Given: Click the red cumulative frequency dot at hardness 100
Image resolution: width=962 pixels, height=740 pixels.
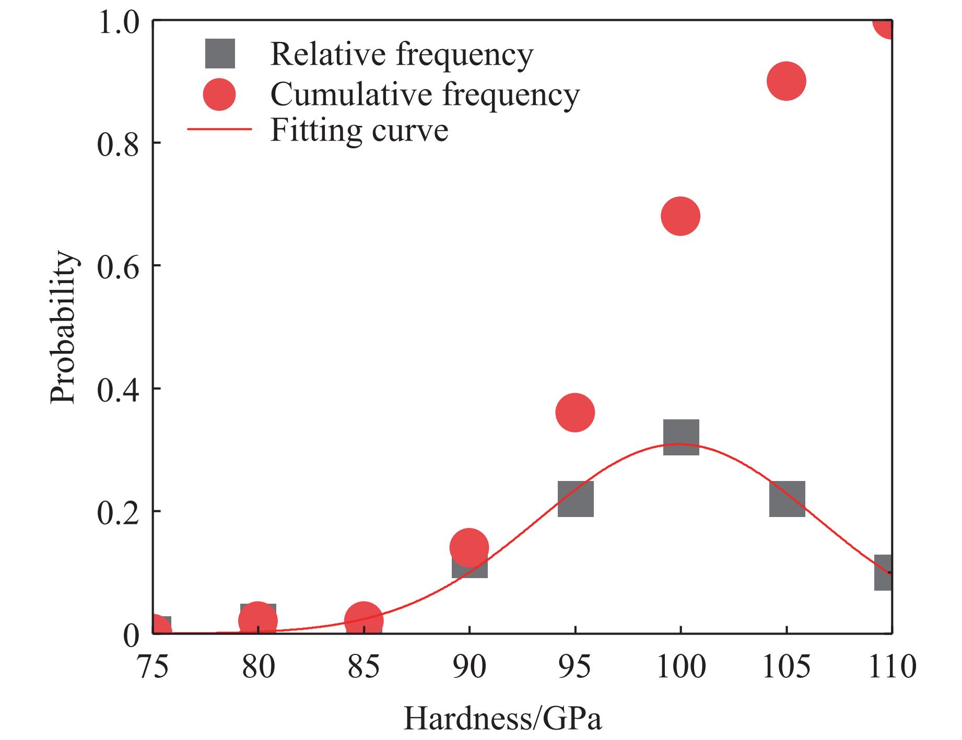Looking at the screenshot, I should click(x=680, y=216).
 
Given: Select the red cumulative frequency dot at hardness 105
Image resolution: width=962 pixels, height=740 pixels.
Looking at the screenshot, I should click(x=786, y=81).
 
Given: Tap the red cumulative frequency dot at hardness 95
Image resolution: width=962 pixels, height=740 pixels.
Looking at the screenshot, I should click(x=575, y=413).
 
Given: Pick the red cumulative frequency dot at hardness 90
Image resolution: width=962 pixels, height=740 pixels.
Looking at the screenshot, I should click(x=469, y=547).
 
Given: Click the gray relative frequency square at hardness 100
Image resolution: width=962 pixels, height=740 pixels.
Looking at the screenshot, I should click(x=681, y=437).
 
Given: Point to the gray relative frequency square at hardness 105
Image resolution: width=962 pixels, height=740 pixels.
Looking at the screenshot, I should click(x=787, y=499).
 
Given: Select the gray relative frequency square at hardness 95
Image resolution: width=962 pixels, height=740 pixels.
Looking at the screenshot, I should click(x=576, y=499).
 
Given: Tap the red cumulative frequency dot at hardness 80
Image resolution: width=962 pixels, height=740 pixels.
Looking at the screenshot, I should click(x=257, y=620).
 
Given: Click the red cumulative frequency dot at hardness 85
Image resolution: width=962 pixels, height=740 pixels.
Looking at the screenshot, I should click(x=364, y=620).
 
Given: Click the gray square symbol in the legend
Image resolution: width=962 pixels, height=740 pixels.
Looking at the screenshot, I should click(x=220, y=54).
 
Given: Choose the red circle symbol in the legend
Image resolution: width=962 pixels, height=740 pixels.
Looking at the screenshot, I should click(x=220, y=95).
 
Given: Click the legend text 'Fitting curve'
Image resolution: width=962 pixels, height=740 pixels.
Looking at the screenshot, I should click(x=359, y=130).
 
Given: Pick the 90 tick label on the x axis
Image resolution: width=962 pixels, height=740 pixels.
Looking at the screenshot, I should click(x=469, y=667).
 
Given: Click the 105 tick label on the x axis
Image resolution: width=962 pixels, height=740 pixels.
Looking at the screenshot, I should click(x=786, y=667).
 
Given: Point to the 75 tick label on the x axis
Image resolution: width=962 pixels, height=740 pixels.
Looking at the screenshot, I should click(x=153, y=667).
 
